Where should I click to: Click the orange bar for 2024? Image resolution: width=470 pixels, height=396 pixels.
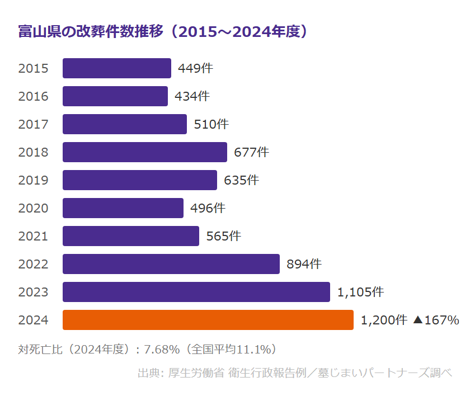[x=208, y=320]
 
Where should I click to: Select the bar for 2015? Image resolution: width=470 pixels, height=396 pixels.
[x=116, y=68]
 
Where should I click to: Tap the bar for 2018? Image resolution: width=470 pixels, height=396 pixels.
[x=144, y=152]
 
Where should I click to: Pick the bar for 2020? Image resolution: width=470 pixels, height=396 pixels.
[x=123, y=208]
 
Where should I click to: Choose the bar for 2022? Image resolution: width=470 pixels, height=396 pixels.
[x=171, y=264]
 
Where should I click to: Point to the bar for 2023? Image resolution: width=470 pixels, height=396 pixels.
[x=196, y=292]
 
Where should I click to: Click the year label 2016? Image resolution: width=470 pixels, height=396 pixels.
[x=33, y=96]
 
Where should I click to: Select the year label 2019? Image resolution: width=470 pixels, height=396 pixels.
[x=33, y=180]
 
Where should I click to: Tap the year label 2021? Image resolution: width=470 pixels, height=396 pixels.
[x=33, y=236]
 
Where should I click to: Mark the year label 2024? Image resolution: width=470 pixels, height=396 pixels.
[x=33, y=320]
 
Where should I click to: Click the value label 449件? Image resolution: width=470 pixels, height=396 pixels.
[x=195, y=68]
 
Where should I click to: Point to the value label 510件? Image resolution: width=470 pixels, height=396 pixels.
[x=211, y=124]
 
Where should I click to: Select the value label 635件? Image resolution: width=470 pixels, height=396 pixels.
[x=241, y=180]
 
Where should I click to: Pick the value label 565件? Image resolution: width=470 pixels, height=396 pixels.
[x=223, y=236]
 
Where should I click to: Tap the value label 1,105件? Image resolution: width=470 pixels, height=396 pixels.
[x=360, y=292]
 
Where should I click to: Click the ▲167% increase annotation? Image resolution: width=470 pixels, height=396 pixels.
[x=436, y=320]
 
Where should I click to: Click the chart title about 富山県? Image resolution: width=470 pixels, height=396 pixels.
[x=163, y=31]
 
